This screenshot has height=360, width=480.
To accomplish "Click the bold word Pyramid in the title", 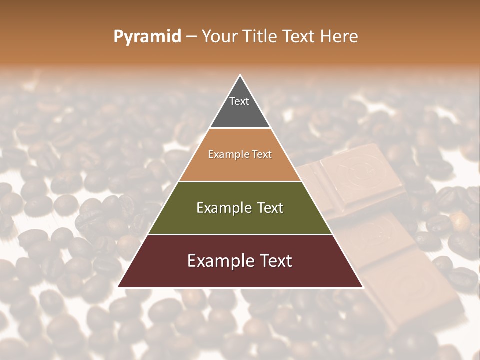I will coord(147,37).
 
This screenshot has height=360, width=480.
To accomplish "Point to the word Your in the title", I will coord(218,36).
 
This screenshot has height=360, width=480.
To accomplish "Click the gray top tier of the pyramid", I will coord(240,112).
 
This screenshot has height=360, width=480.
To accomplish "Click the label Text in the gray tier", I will coord(239,101).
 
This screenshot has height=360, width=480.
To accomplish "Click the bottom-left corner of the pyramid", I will coord(118,287).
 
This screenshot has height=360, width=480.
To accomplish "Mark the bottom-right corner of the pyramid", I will coord(362,287).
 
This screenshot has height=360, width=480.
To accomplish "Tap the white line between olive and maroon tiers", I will coord(240,234).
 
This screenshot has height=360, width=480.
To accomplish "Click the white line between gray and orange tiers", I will coord(240,128).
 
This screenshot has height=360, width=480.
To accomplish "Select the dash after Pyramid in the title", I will coord(191,37).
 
